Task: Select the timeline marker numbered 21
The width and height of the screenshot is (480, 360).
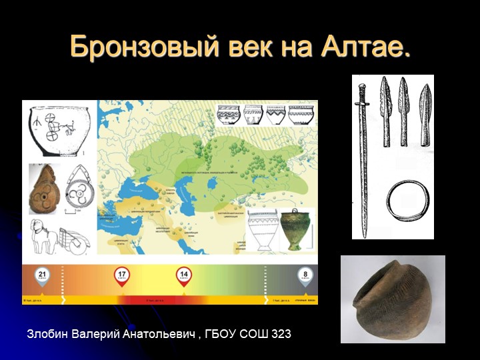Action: click(42, 275)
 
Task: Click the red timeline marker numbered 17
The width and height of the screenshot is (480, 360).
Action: click(122, 275)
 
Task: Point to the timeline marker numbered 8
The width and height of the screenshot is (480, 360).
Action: click(305, 275)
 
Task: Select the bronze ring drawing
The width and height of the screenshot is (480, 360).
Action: click(407, 200)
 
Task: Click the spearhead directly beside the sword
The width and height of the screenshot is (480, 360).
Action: click(385, 110)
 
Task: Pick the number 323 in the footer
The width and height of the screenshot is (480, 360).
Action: click(281, 333)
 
